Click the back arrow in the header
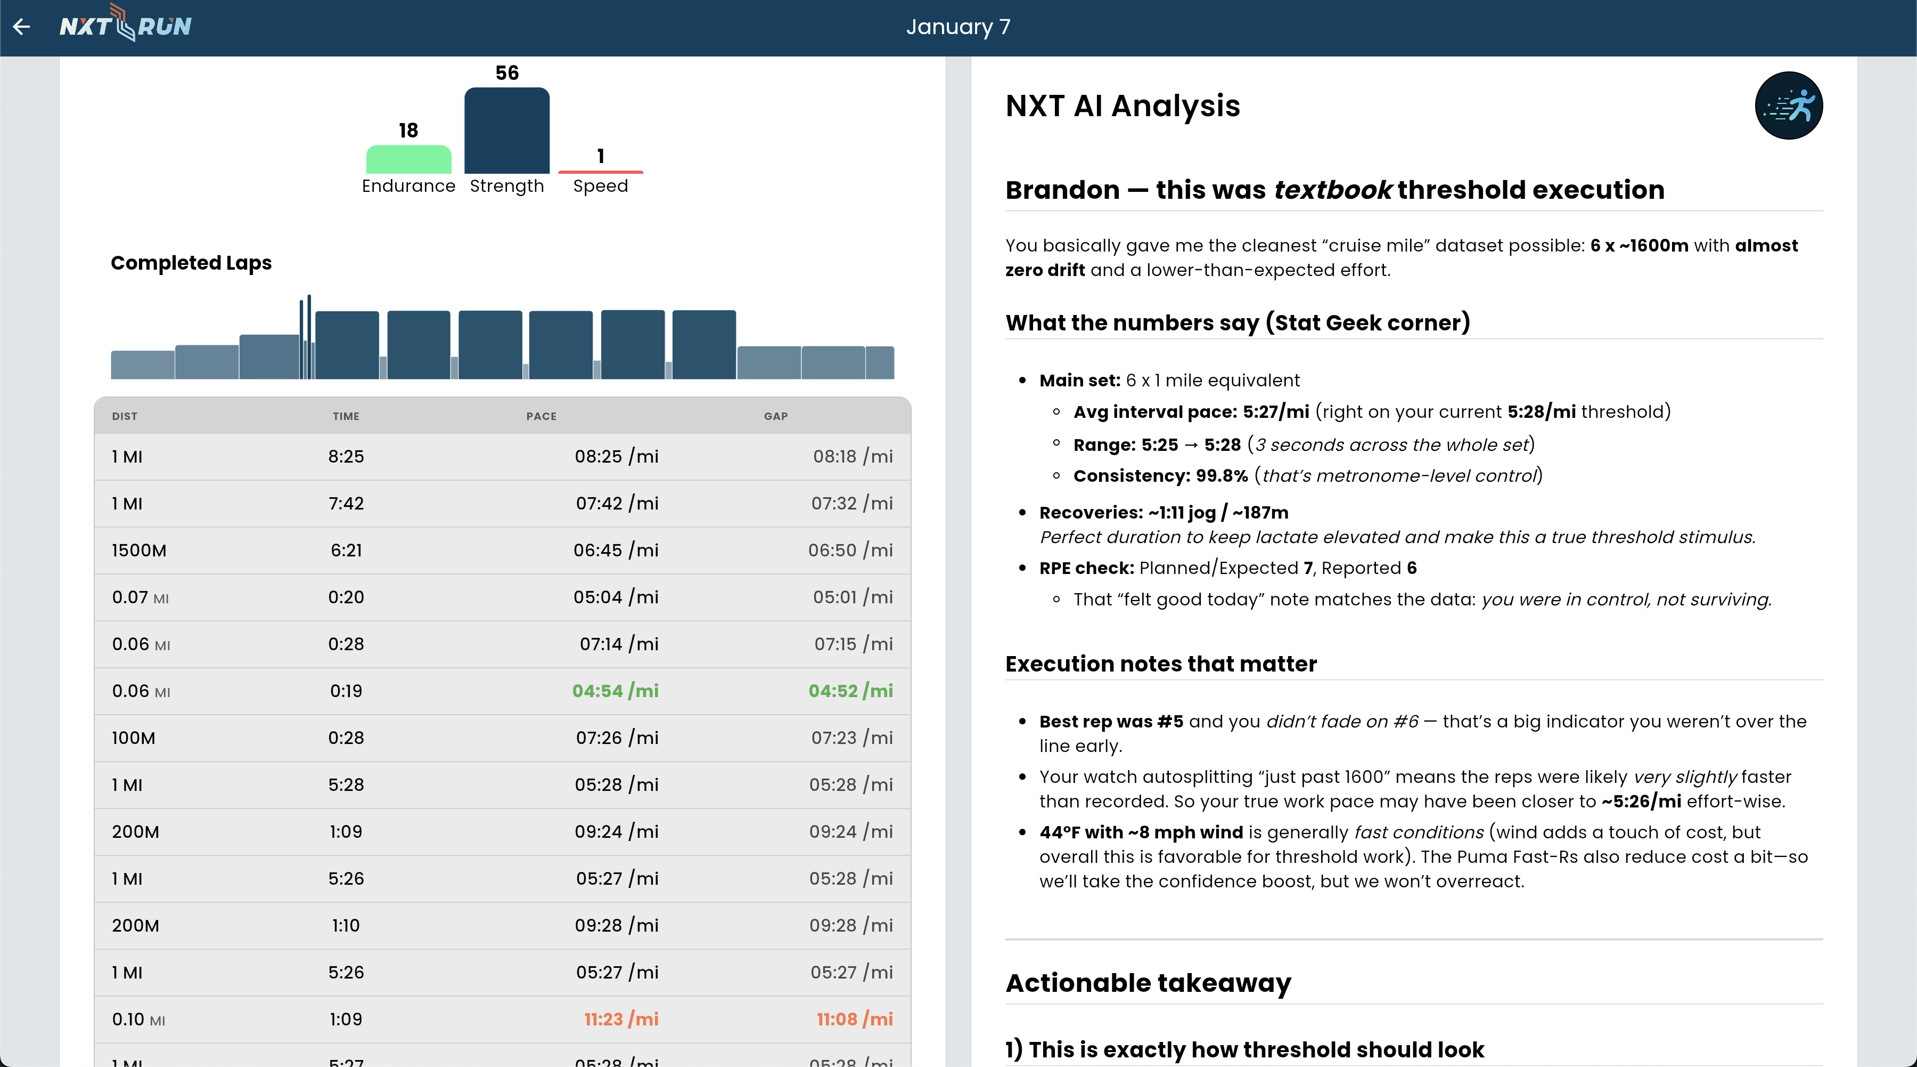tap(22, 27)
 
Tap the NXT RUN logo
tap(125, 26)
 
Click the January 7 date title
tap(958, 27)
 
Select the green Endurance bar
tap(408, 159)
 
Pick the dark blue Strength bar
tap(507, 131)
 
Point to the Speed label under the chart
tap(600, 186)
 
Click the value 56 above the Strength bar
tap(507, 73)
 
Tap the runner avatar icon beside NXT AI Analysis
tap(1788, 106)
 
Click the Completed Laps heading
tap(191, 263)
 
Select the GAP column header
tap(775, 416)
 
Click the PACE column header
tap(541, 416)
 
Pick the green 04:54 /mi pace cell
tap(615, 691)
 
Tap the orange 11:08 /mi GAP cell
tap(854, 1020)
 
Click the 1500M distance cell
tap(139, 550)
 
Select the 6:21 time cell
tap(346, 550)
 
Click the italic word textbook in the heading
tap(1332, 190)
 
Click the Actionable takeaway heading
tap(1148, 983)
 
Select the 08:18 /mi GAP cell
tap(852, 456)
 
